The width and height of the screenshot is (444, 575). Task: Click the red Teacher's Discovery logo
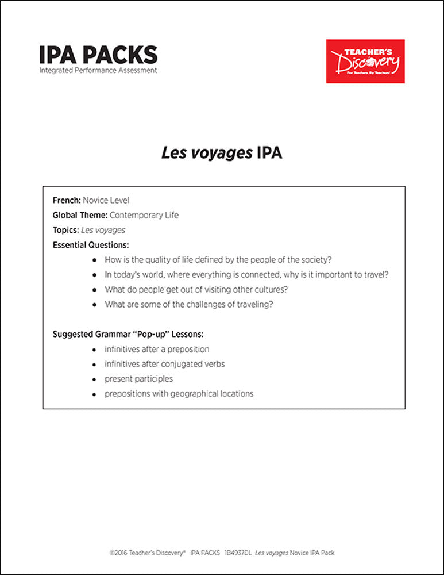(365, 61)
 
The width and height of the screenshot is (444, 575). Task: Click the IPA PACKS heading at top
(98, 55)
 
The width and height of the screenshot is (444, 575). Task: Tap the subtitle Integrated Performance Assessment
(98, 70)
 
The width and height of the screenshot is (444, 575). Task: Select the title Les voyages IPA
(222, 154)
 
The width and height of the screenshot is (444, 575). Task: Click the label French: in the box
(67, 201)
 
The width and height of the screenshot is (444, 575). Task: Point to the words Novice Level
(106, 201)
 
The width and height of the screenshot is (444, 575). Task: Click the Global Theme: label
(80, 216)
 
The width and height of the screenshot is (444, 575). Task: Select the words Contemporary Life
(144, 216)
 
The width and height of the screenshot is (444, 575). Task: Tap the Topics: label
(65, 230)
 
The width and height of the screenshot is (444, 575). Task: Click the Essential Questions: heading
(91, 245)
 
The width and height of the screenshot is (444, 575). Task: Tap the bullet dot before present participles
(94, 379)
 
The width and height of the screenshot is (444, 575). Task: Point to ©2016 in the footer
(118, 553)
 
